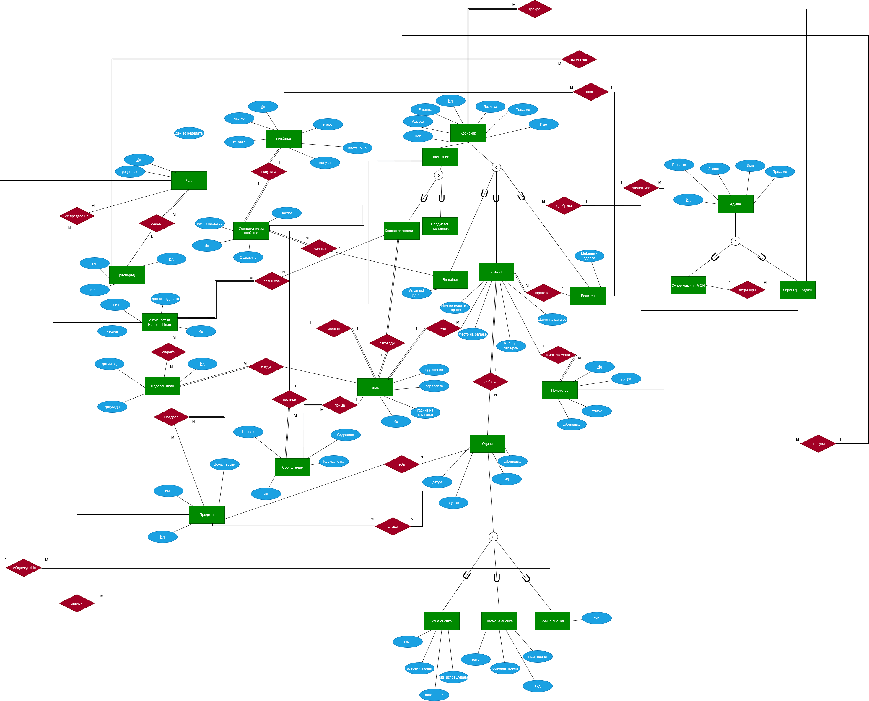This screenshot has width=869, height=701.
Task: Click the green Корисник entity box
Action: (468, 133)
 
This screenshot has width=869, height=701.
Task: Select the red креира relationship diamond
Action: (535, 9)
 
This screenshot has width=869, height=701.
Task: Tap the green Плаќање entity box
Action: (284, 139)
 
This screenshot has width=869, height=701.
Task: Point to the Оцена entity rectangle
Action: (487, 444)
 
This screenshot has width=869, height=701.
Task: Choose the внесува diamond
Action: (818, 444)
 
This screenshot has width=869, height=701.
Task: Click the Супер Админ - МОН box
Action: (688, 286)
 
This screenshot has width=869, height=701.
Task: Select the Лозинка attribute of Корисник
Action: (490, 107)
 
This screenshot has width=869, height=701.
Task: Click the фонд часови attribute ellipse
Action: (224, 464)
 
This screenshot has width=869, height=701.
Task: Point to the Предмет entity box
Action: (206, 515)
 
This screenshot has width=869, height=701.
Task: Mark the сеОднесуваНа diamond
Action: (23, 568)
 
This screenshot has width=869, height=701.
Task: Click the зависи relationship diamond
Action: (77, 603)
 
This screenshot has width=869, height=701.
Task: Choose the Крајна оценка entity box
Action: (552, 621)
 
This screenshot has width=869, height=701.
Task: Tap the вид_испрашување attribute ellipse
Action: (453, 677)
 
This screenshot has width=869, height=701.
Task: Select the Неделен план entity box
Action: (162, 386)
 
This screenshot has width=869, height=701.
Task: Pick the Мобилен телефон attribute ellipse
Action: (511, 346)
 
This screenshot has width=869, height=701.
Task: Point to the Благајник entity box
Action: (450, 279)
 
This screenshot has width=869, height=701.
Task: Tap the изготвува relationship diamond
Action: (579, 59)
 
